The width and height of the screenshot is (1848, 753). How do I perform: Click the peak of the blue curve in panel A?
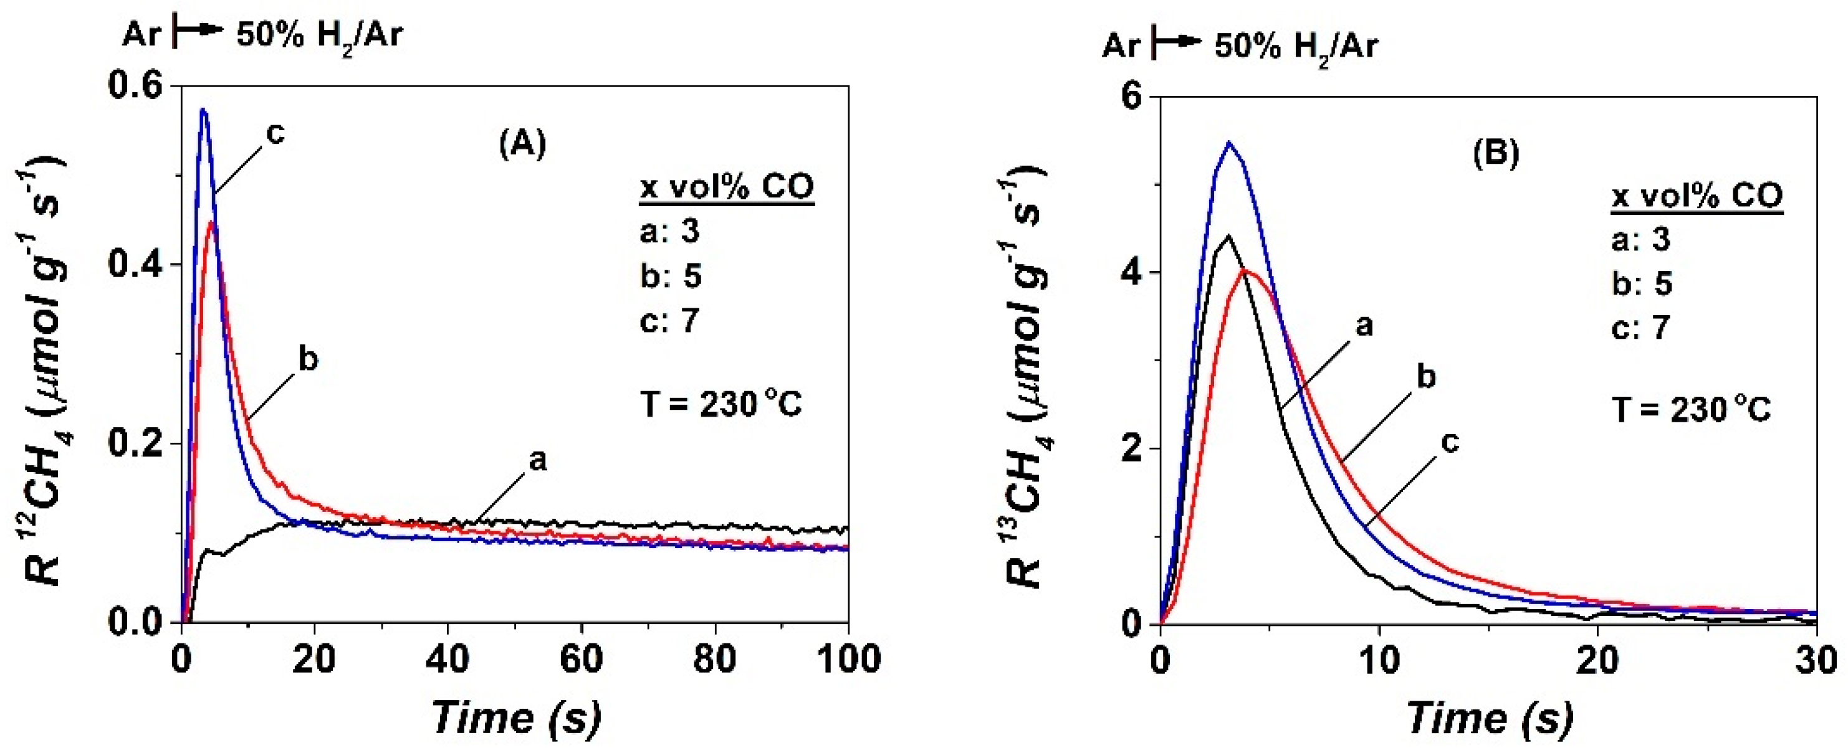204,110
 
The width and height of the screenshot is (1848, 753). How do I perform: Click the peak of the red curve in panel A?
211,222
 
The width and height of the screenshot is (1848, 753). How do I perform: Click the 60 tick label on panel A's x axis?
581,658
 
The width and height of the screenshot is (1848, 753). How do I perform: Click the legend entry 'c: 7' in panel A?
669,320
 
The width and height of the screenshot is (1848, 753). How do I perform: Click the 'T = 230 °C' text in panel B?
1692,411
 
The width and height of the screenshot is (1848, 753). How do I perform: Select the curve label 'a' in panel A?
537,460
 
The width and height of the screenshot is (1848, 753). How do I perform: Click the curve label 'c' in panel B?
1450,442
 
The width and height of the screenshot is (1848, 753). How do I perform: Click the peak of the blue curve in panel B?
1229,143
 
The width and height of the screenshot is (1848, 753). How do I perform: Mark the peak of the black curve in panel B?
1229,236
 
